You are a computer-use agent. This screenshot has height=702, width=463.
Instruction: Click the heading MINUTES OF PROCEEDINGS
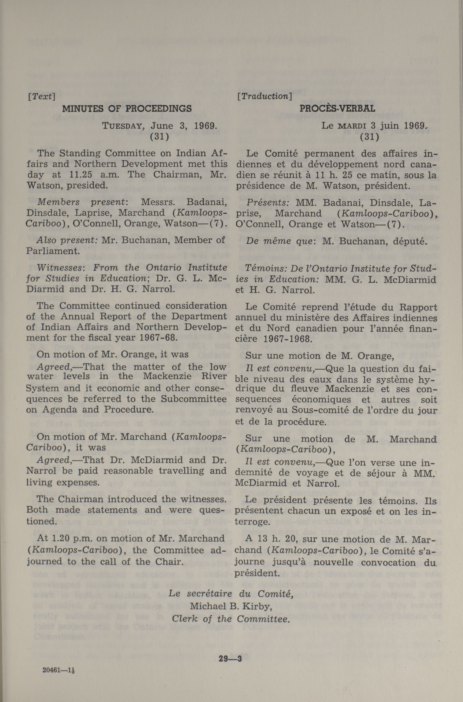point(127,109)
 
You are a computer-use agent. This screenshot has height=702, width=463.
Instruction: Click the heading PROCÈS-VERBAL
point(337,109)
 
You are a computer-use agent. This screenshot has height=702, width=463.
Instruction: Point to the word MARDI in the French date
point(352,126)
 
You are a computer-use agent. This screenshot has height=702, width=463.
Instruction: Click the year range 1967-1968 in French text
point(284,339)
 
